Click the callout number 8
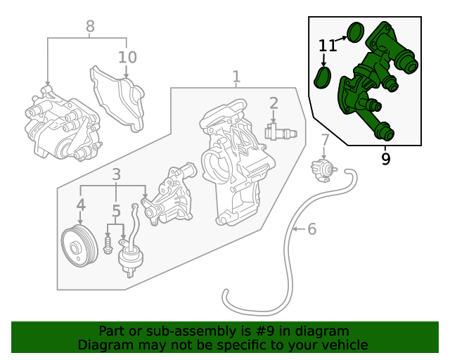pyautogui.click(x=90, y=27)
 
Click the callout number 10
pyautogui.click(x=127, y=57)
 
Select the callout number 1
pyautogui.click(x=236, y=76)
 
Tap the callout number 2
pyautogui.click(x=274, y=103)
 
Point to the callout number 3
pyautogui.click(x=116, y=174)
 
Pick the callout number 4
pyautogui.click(x=81, y=205)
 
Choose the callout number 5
pyautogui.click(x=116, y=210)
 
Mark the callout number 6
pyautogui.click(x=312, y=229)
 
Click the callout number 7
pyautogui.click(x=325, y=140)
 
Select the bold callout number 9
pyautogui.click(x=385, y=159)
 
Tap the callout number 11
pyautogui.click(x=328, y=46)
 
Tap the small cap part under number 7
pyautogui.click(x=324, y=169)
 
